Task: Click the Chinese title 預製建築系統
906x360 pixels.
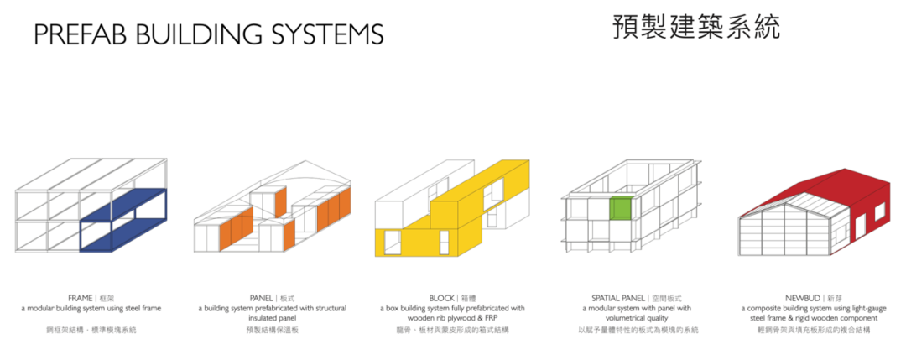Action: tap(695, 26)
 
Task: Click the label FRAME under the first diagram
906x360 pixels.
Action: tap(81, 298)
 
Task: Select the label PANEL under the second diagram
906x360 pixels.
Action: tap(262, 298)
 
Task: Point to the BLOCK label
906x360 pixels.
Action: tap(441, 298)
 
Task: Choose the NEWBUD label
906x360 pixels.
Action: tap(803, 298)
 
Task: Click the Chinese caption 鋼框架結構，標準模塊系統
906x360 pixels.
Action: tap(91, 331)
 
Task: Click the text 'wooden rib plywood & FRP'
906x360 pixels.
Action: tap(452, 319)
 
